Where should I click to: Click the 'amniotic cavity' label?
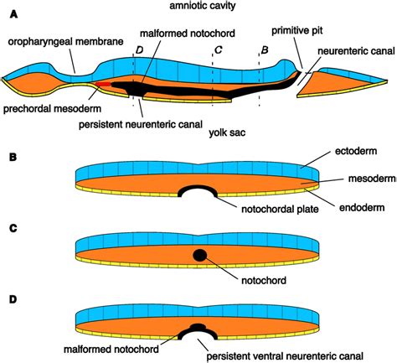[203, 6]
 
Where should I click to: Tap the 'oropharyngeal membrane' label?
[65, 42]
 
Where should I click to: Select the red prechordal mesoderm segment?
[103, 84]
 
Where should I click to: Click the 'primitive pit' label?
[297, 30]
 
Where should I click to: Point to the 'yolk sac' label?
[227, 132]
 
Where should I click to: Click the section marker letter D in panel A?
[139, 50]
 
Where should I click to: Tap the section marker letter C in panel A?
[218, 50]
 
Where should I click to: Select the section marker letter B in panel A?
[265, 50]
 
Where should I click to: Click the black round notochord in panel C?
[200, 255]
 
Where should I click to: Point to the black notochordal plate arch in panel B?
[198, 187]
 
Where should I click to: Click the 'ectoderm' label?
[356, 151]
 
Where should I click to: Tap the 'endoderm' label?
[362, 208]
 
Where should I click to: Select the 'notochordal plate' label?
[280, 209]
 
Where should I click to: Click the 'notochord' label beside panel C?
[264, 280]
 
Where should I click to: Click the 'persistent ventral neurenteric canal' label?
[285, 356]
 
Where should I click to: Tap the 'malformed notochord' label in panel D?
[111, 349]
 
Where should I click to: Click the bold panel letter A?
[13, 14]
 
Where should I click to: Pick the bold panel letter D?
[13, 299]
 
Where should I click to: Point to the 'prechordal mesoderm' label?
[52, 108]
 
